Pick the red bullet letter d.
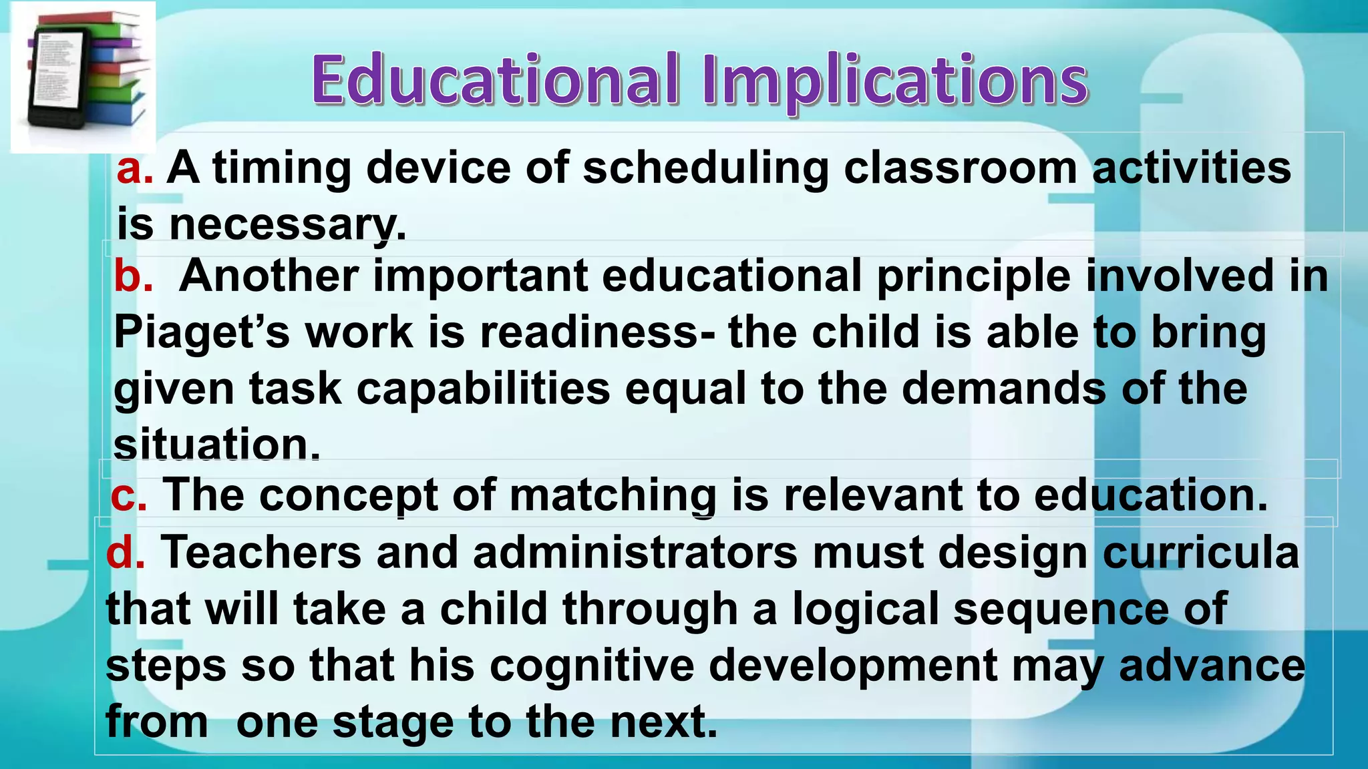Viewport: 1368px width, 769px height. pos(124,552)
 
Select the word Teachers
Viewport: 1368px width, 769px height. pos(261,552)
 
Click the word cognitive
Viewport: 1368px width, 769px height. pos(592,665)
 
